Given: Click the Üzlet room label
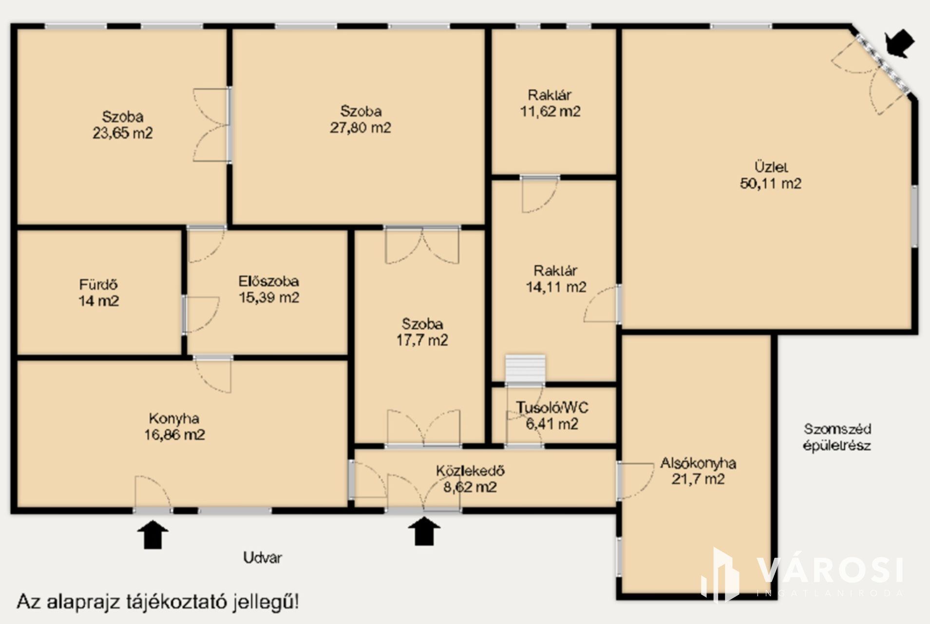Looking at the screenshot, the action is pyautogui.click(x=771, y=167).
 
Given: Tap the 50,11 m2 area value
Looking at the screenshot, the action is pyautogui.click(x=771, y=184).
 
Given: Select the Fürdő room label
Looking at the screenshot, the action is pyautogui.click(x=98, y=284).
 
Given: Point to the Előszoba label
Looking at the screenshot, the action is pyautogui.click(x=269, y=281).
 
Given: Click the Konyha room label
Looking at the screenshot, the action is pyautogui.click(x=174, y=419).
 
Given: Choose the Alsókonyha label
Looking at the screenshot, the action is pyautogui.click(x=698, y=463).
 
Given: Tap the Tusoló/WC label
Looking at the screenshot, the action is pyautogui.click(x=552, y=408).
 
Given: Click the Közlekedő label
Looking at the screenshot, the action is pyautogui.click(x=470, y=471).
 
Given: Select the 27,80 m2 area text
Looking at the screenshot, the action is pyautogui.click(x=361, y=128).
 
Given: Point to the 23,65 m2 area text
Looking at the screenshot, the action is pyautogui.click(x=123, y=133).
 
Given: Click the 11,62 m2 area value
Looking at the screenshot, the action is pyautogui.click(x=550, y=112).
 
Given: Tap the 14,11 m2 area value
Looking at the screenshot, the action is pyautogui.click(x=556, y=287).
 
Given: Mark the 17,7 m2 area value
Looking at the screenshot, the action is pyautogui.click(x=422, y=340).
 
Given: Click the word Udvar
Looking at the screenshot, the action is pyautogui.click(x=263, y=558).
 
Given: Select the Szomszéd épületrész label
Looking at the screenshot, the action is pyautogui.click(x=837, y=437).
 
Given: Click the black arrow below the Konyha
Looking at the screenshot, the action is pyautogui.click(x=153, y=534).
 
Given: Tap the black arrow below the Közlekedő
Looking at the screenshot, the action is pyautogui.click(x=424, y=531).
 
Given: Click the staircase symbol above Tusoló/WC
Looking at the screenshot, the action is pyautogui.click(x=525, y=369).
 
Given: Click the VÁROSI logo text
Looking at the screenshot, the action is pyautogui.click(x=830, y=570).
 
